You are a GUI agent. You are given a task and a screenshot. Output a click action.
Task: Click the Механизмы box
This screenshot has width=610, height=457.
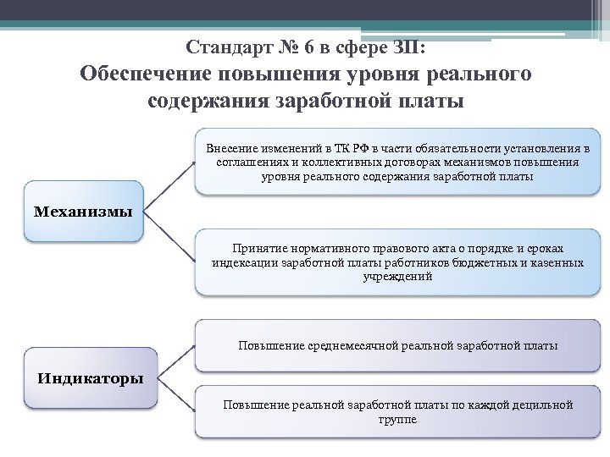click(x=83, y=211)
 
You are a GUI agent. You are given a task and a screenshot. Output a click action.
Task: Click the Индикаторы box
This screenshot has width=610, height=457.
click(x=90, y=377)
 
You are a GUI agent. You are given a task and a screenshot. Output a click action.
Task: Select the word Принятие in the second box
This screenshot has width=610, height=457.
click(x=258, y=248)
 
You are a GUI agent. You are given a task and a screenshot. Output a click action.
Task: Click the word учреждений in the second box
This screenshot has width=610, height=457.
click(x=397, y=277)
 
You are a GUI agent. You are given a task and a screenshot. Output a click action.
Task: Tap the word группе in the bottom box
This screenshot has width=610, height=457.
click(x=397, y=419)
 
